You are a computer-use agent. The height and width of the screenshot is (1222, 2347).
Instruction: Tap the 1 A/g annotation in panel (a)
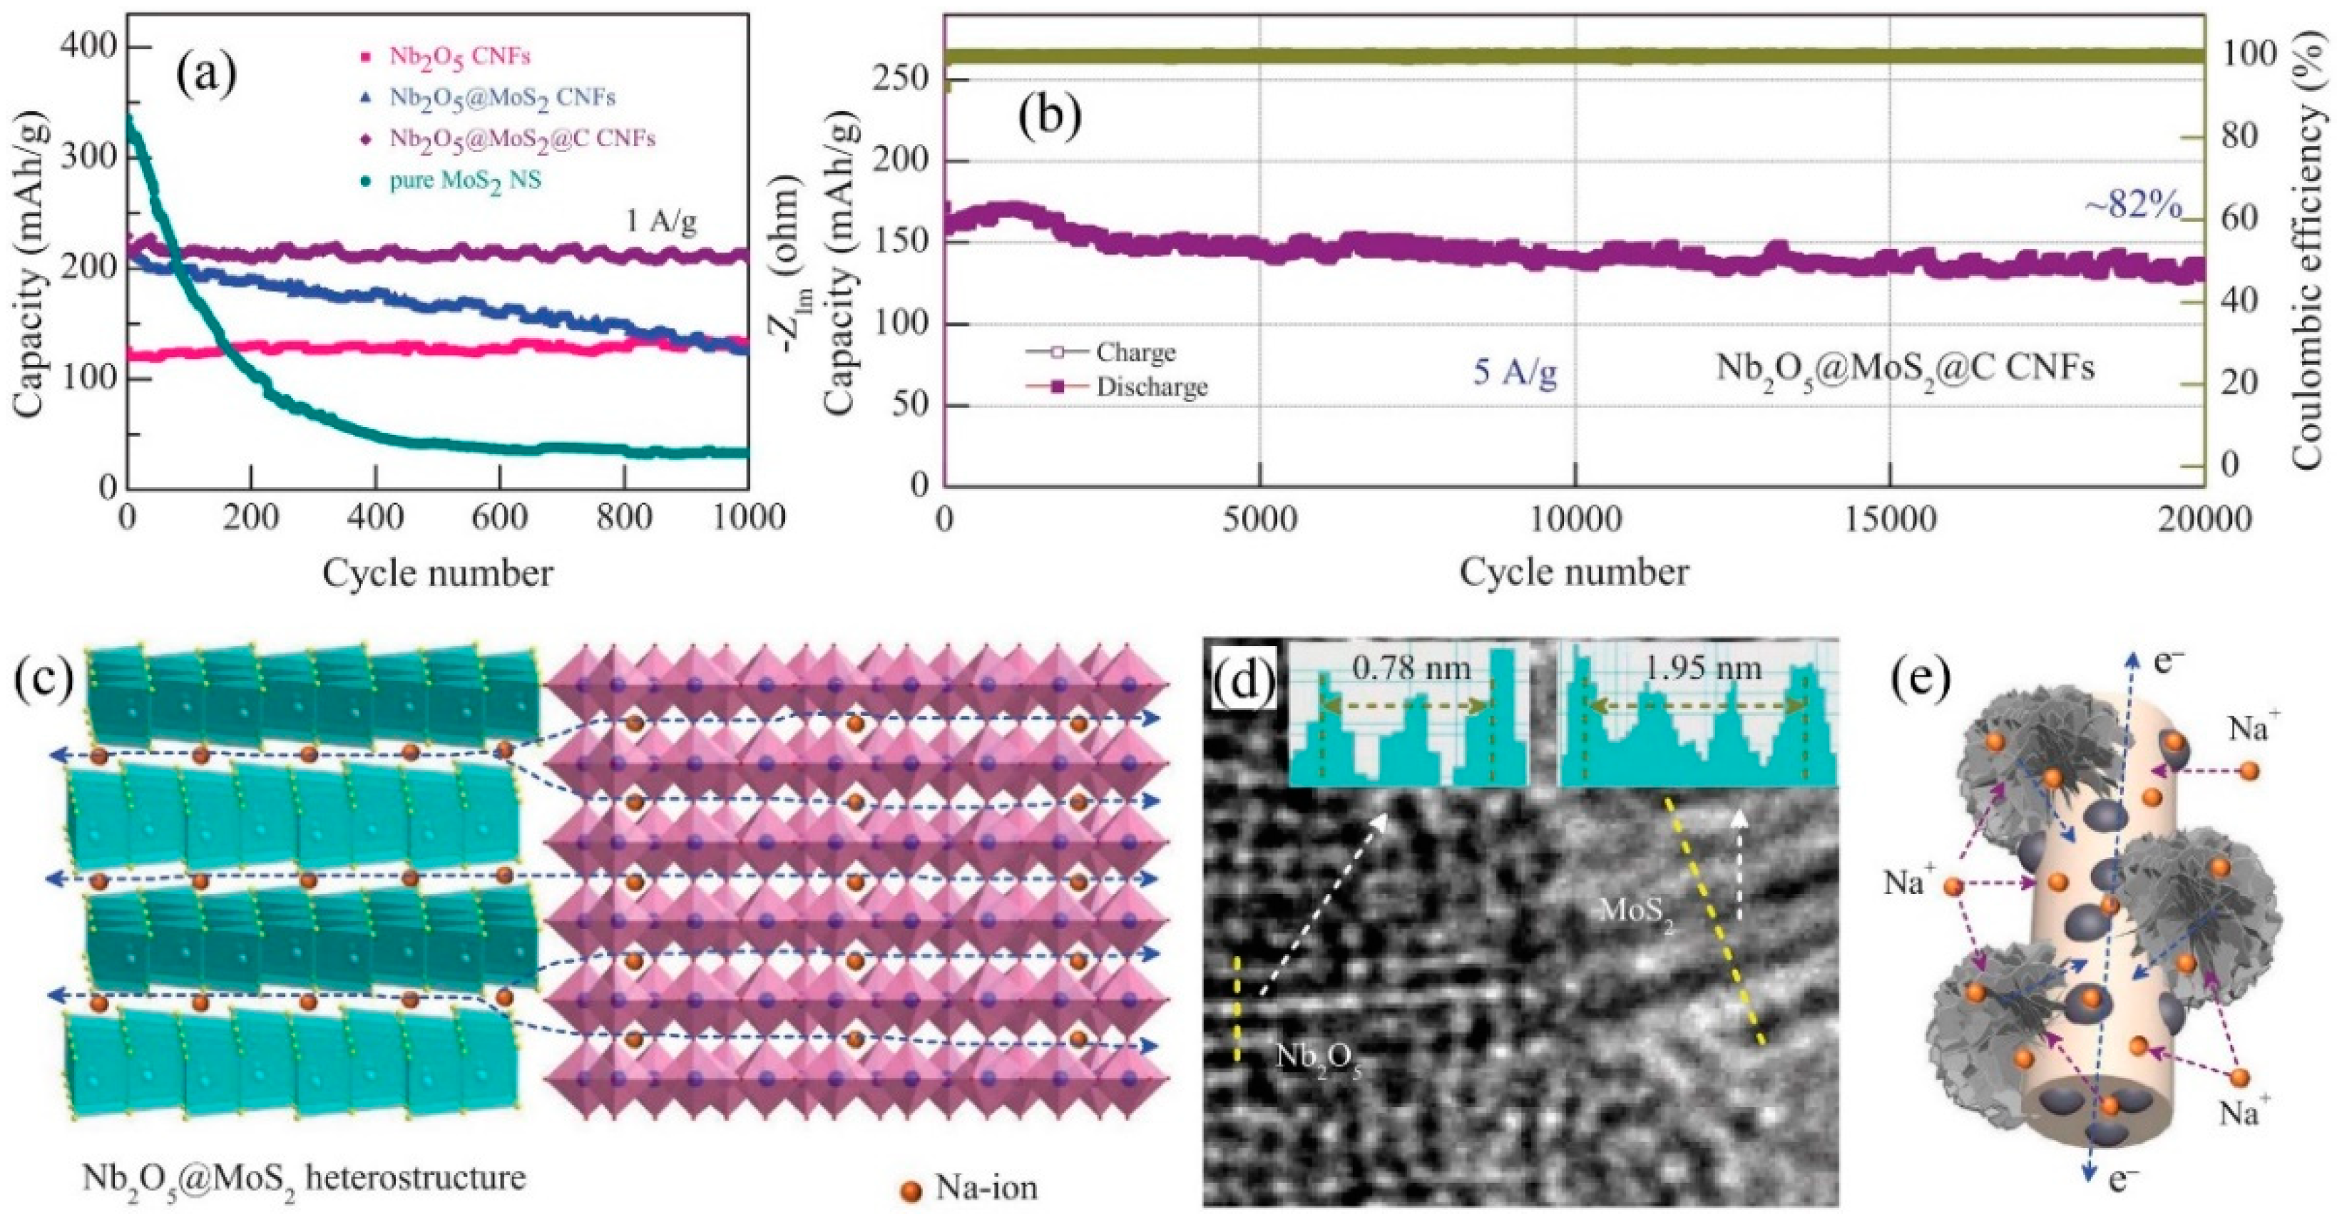(x=660, y=222)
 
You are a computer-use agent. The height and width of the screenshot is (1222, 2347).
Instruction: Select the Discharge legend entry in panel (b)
(x=1152, y=387)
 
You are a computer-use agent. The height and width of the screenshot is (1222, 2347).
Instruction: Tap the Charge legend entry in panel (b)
(x=1135, y=351)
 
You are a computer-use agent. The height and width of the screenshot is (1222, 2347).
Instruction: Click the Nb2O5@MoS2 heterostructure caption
(x=303, y=1180)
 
